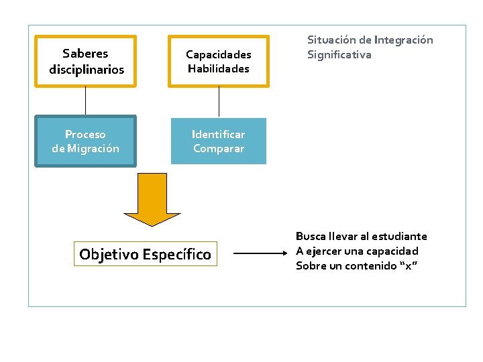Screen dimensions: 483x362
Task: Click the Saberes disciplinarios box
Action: pyautogui.click(x=86, y=61)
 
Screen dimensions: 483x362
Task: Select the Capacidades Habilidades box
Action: pyautogui.click(x=218, y=61)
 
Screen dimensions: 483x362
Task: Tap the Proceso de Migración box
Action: pyautogui.click(x=85, y=141)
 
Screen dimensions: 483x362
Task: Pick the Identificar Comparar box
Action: pyautogui.click(x=218, y=141)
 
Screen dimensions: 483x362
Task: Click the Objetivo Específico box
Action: pyautogui.click(x=145, y=254)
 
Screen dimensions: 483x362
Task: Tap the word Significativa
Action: pyautogui.click(x=339, y=55)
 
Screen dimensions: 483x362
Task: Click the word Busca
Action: pyautogui.click(x=311, y=237)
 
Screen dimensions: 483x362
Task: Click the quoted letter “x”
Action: pyautogui.click(x=409, y=266)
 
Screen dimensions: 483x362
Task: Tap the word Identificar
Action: pyautogui.click(x=218, y=134)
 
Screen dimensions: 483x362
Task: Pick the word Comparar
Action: pyautogui.click(x=219, y=149)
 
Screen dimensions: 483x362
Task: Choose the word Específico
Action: pyautogui.click(x=177, y=255)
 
